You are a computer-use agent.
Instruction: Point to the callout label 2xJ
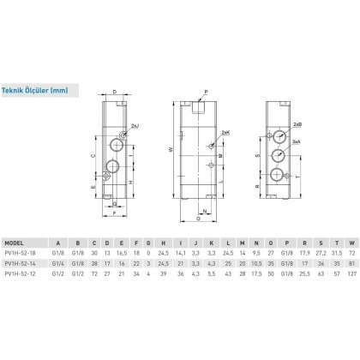130,127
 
